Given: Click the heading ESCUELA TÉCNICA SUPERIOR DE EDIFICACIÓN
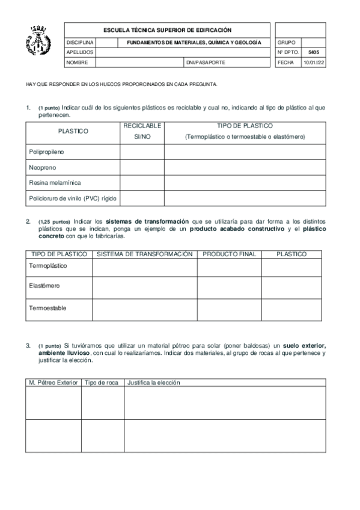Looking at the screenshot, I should pyautogui.click(x=167, y=30).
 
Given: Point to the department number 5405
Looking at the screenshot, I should pyautogui.click(x=313, y=52).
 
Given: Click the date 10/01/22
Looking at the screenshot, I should pyautogui.click(x=313, y=62).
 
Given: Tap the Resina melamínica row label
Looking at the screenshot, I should pyautogui.click(x=55, y=182).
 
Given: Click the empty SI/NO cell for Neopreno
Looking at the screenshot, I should pyautogui.click(x=142, y=167).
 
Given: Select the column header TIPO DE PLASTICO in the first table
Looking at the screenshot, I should pyautogui.click(x=245, y=126).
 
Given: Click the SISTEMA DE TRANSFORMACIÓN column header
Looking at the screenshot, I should pyautogui.click(x=144, y=254).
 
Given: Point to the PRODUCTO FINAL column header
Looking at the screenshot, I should pyautogui.click(x=229, y=254).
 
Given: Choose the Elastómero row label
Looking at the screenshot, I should pyautogui.click(x=44, y=286).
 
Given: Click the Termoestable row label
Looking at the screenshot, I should pyautogui.click(x=47, y=308).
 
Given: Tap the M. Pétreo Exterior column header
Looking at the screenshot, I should pyautogui.click(x=53, y=382).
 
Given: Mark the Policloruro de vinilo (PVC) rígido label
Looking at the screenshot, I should pyautogui.click(x=72, y=197).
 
